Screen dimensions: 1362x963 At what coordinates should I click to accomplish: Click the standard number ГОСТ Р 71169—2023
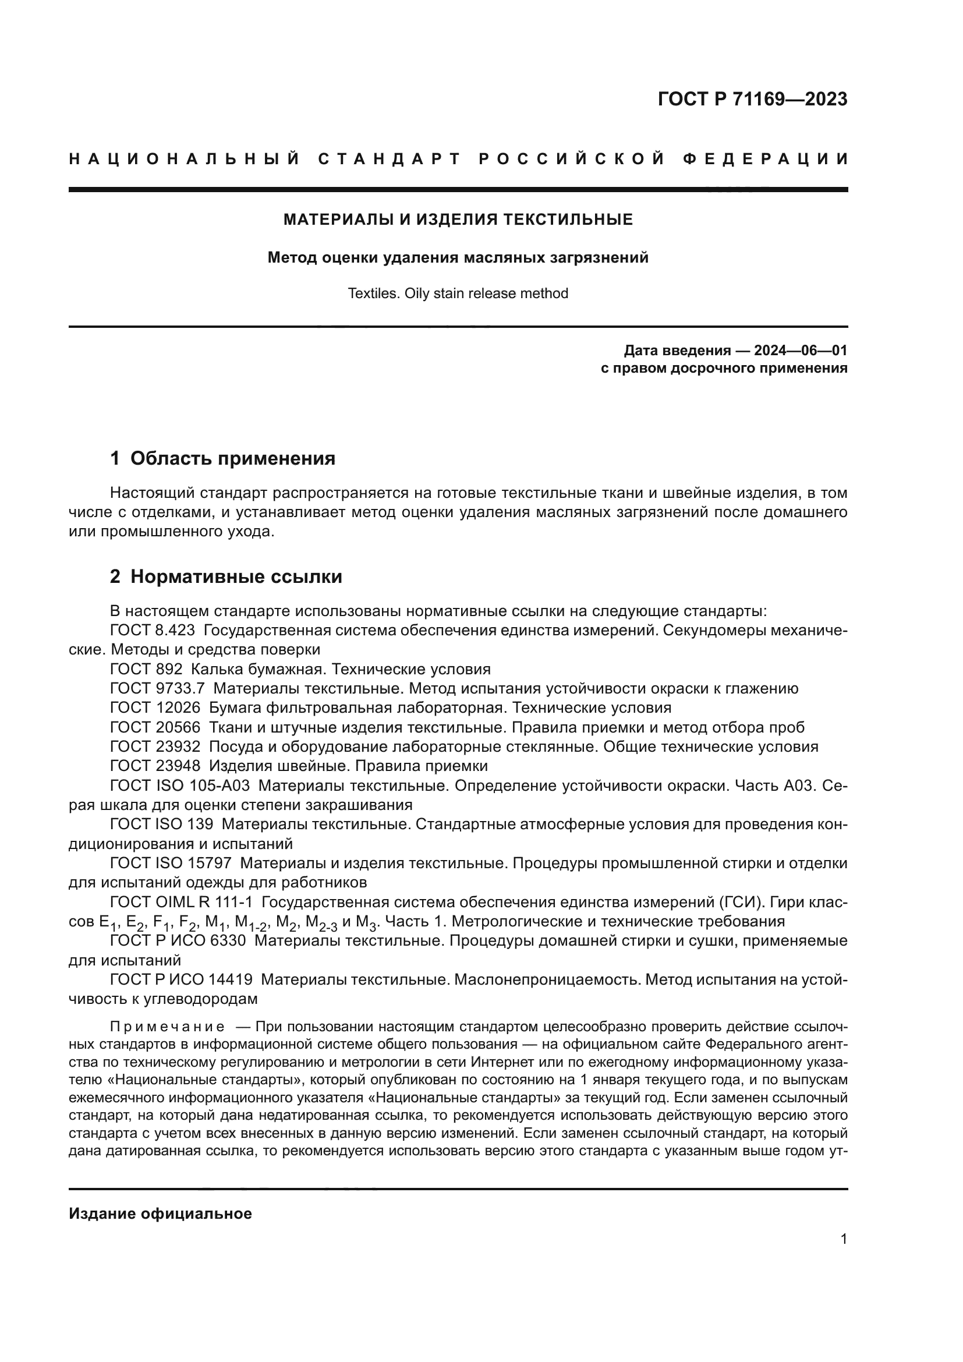752,99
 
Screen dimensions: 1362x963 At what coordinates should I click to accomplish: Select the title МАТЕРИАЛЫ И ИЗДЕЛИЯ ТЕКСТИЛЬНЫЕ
458,220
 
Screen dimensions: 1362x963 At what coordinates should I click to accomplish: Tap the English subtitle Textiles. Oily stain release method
458,293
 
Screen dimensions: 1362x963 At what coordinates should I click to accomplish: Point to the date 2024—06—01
800,350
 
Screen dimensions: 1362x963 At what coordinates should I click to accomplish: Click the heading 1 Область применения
223,458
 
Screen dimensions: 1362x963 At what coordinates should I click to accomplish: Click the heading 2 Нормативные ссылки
226,576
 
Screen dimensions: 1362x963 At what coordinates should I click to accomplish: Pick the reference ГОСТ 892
147,669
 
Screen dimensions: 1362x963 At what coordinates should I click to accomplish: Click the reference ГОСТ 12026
155,707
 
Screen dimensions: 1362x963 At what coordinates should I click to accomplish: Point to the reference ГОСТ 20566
155,727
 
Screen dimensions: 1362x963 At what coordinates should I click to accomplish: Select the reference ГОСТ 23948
155,766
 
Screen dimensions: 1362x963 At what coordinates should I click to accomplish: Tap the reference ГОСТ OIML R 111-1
182,901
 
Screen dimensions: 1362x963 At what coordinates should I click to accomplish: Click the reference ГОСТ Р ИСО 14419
182,979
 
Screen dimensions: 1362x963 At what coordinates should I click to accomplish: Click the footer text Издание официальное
160,1214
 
